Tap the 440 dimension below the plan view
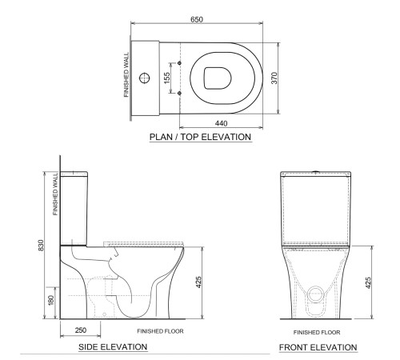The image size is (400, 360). (x=221, y=124)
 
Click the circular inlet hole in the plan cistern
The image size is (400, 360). (x=146, y=78)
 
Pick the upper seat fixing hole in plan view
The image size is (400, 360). (x=178, y=62)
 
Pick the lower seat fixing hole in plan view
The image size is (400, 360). (x=178, y=94)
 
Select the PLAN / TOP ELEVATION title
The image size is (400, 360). (x=201, y=138)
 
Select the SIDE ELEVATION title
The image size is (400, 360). (x=112, y=347)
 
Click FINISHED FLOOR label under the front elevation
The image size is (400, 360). (x=318, y=331)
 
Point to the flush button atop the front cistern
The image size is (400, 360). (x=317, y=172)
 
